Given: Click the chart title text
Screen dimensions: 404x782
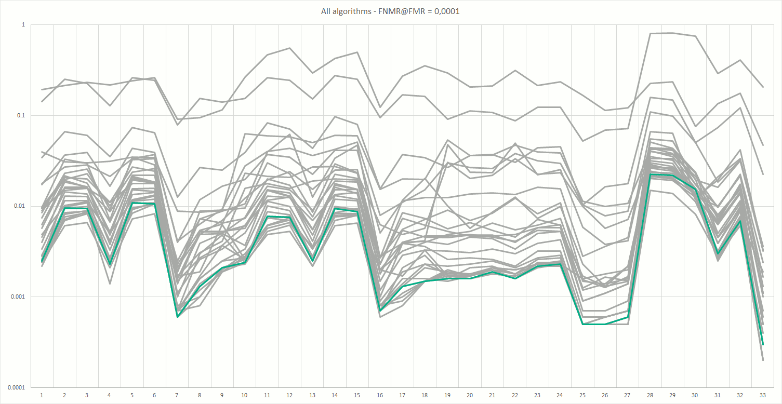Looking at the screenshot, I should click(390, 11).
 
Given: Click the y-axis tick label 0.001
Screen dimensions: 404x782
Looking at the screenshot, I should click(19, 297).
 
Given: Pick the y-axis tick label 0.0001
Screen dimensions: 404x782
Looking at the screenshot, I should click(18, 387).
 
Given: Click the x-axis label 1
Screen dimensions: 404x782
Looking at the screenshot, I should click(42, 395).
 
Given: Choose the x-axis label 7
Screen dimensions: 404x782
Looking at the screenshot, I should click(177, 395).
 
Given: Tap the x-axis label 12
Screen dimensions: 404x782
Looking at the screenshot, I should click(289, 395).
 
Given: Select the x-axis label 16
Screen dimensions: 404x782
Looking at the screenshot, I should click(380, 395).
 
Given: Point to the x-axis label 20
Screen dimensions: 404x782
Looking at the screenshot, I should click(470, 395).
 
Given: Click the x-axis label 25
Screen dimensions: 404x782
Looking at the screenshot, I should click(582, 395).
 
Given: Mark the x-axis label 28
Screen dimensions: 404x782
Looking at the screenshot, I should click(650, 395).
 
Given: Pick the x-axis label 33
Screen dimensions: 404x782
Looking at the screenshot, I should click(763, 395).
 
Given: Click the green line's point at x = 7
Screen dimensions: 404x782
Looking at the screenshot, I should click(177, 317).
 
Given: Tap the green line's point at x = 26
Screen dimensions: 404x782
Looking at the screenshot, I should click(605, 324).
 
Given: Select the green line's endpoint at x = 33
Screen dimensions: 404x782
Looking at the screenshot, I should click(763, 344).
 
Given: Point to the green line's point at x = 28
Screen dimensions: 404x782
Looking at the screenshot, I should click(650, 174).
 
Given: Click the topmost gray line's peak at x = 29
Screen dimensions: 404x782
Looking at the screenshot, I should click(673, 33).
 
